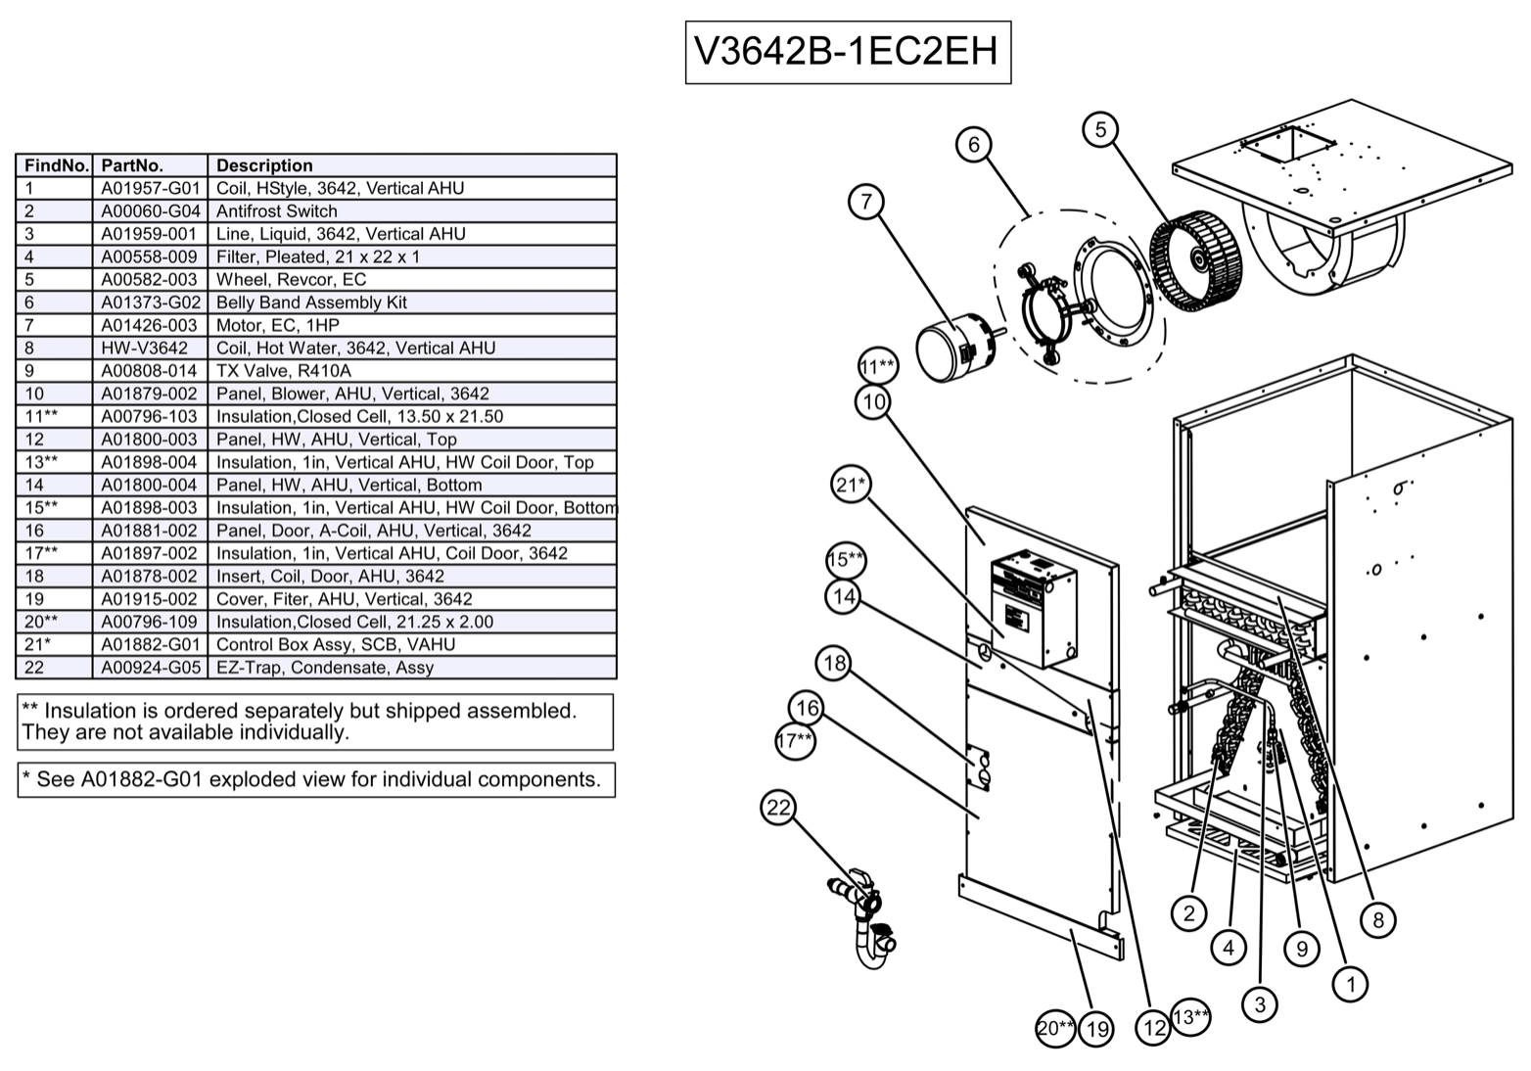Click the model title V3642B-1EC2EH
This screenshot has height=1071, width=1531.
click(847, 52)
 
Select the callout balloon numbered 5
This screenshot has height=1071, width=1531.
click(1101, 129)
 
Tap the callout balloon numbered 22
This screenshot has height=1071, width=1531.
click(778, 808)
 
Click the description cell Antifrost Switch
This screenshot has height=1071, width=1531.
click(276, 211)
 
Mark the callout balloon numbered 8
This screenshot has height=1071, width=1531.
click(1378, 919)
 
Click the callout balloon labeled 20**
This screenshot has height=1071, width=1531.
click(1055, 1028)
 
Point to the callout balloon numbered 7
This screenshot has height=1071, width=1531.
click(866, 202)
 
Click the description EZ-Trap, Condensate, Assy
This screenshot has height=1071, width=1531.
click(324, 668)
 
